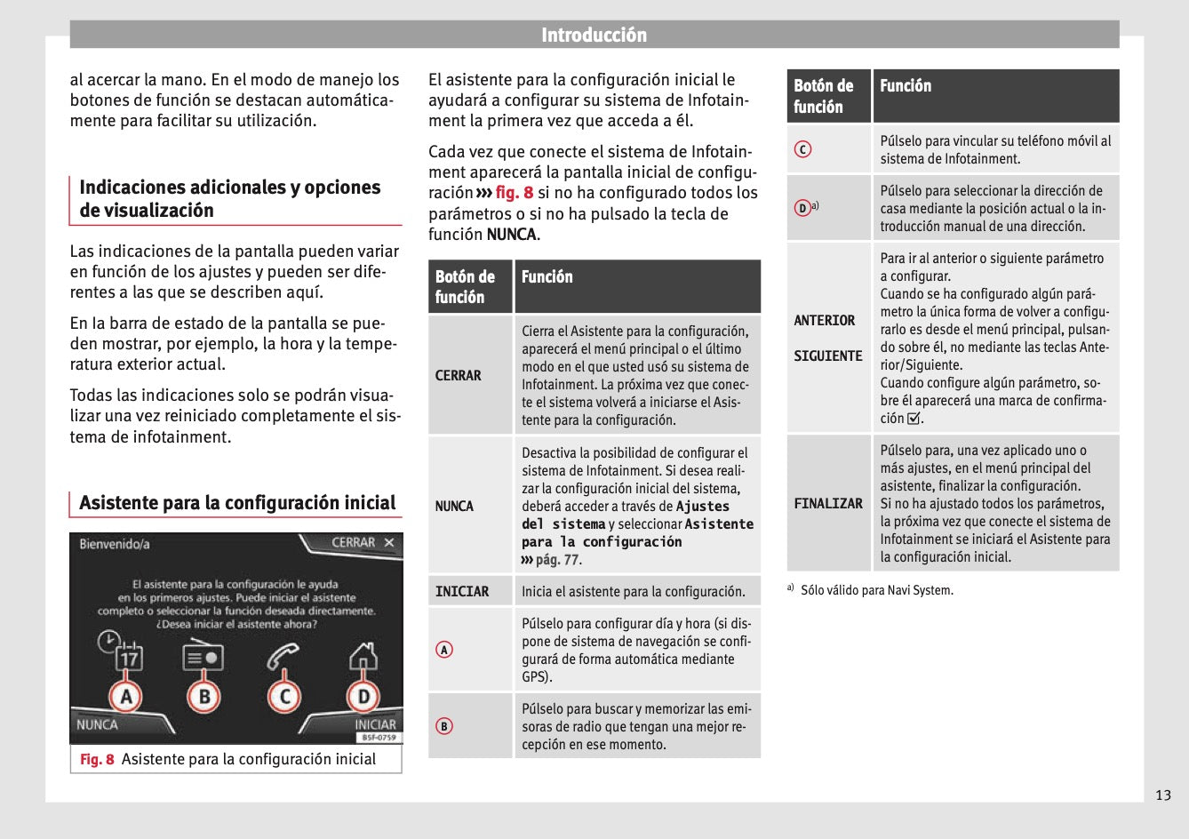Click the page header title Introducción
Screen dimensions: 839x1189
pyautogui.click(x=594, y=35)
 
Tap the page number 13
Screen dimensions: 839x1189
pyautogui.click(x=1162, y=795)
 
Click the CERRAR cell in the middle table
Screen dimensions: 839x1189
pyautogui.click(x=459, y=376)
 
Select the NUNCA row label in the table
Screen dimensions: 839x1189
pyautogui.click(x=454, y=507)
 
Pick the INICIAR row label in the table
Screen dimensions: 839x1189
pyautogui.click(x=462, y=592)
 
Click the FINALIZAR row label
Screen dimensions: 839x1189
pyautogui.click(x=828, y=504)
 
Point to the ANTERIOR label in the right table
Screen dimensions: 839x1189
pyautogui.click(x=825, y=321)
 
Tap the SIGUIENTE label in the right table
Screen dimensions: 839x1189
pyautogui.click(x=828, y=356)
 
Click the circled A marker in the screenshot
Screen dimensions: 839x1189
pyautogui.click(x=126, y=696)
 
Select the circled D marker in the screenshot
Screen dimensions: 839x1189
pyautogui.click(x=363, y=696)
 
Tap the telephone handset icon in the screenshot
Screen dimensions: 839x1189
pyautogui.click(x=283, y=657)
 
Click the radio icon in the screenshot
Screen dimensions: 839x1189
pyautogui.click(x=203, y=657)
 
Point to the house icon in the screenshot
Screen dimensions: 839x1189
pyautogui.click(x=363, y=655)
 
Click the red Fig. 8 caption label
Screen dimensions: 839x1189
pyautogui.click(x=97, y=760)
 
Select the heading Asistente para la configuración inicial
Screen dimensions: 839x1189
pyautogui.click(x=237, y=503)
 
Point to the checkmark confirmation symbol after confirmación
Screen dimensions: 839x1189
pyautogui.click(x=914, y=419)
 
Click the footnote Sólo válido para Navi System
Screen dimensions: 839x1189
pyautogui.click(x=876, y=590)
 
